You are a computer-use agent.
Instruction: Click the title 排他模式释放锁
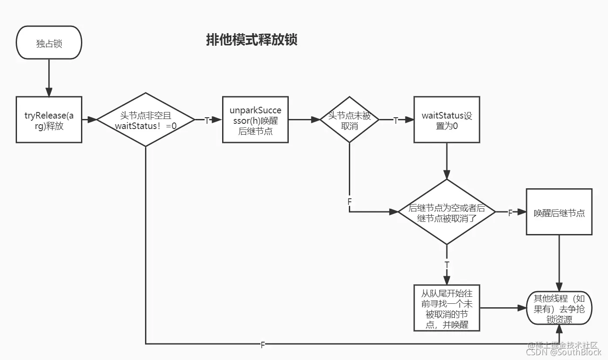tap(251, 40)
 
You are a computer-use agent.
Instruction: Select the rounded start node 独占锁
tap(49, 43)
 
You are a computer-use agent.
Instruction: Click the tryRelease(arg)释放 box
tap(49, 120)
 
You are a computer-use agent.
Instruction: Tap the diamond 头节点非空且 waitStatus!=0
tap(145, 120)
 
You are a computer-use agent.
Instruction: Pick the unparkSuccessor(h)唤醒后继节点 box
tap(255, 120)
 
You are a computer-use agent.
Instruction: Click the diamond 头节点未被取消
tap(349, 120)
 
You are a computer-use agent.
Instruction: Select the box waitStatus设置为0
tap(446, 120)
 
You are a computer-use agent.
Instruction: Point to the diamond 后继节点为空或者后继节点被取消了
tap(447, 212)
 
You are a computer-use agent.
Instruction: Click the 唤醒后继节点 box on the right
tap(559, 212)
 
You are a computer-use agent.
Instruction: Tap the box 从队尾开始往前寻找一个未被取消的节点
tap(446, 308)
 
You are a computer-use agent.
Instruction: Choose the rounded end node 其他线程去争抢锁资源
tap(559, 308)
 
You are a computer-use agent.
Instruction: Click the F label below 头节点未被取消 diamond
tap(349, 202)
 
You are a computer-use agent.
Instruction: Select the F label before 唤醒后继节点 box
tap(510, 213)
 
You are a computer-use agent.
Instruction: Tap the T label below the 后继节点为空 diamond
tap(446, 265)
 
